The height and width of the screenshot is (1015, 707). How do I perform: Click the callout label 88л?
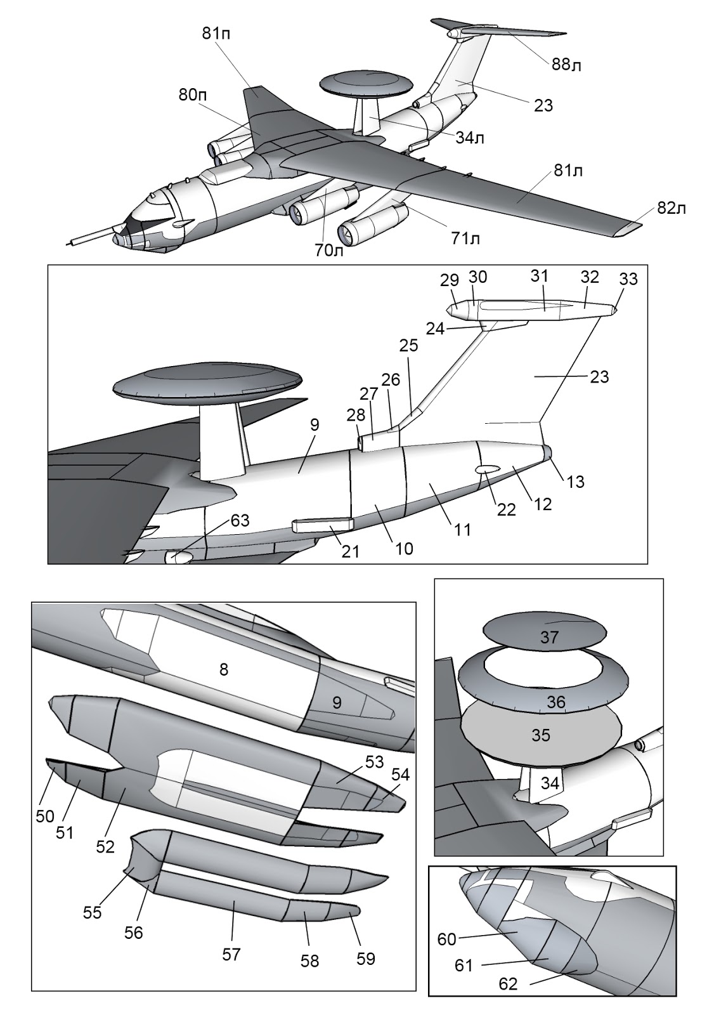(567, 65)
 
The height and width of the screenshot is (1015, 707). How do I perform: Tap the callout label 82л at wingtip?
(671, 208)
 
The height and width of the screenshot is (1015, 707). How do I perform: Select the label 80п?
(193, 95)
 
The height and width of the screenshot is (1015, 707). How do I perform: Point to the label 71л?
(465, 239)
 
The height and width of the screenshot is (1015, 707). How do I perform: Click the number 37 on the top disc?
(549, 637)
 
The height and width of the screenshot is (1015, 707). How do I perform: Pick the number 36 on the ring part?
(556, 702)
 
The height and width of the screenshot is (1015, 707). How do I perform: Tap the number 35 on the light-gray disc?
(541, 736)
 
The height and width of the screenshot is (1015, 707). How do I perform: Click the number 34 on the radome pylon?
(550, 783)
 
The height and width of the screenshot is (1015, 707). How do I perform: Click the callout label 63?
(240, 521)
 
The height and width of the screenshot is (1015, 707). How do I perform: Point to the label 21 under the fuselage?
(350, 552)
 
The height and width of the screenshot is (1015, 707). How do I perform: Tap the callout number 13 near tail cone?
(575, 482)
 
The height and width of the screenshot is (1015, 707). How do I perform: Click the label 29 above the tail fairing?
(450, 280)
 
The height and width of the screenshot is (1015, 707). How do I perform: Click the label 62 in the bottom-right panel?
(508, 984)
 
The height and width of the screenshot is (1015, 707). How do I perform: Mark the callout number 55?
(93, 912)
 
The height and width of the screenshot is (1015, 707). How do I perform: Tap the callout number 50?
(44, 816)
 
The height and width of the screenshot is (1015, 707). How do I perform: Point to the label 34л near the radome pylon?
(470, 138)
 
